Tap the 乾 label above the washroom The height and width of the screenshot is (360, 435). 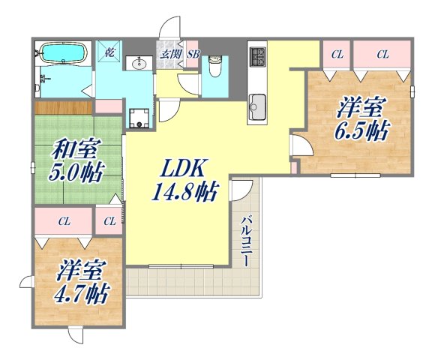(x=109, y=52)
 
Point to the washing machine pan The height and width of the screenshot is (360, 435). (x=139, y=117)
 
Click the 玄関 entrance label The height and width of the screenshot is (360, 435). (x=167, y=53)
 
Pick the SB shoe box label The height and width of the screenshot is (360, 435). (x=192, y=53)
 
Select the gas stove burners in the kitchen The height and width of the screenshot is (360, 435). (x=258, y=55)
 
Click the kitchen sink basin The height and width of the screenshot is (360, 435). (x=257, y=102)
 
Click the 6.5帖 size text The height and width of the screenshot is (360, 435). (x=361, y=130)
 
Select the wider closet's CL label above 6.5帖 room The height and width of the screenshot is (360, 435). (x=382, y=53)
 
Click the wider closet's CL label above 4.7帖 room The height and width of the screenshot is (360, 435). (x=64, y=220)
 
